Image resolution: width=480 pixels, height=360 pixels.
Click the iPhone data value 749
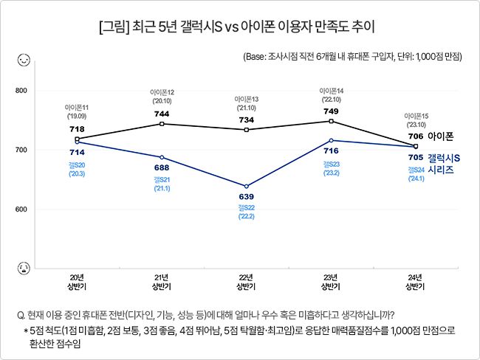tap(331, 111)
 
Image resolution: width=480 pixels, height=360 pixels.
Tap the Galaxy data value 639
tap(246, 196)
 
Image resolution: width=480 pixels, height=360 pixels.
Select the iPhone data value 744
tap(162, 114)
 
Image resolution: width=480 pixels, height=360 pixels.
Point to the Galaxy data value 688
tap(162, 167)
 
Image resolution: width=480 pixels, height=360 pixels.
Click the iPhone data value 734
tap(246, 120)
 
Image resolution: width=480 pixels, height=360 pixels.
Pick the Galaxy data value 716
tap(331, 150)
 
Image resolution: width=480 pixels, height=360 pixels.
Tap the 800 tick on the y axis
tap(21, 91)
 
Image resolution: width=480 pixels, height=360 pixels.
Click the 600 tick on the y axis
tap(21, 210)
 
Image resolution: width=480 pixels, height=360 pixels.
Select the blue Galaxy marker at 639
tap(246, 186)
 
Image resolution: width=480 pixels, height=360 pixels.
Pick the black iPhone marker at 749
tap(331, 121)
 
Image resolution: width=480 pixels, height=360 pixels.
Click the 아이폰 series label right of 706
tap(440, 136)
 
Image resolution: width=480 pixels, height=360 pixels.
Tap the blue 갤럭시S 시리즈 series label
tap(444, 164)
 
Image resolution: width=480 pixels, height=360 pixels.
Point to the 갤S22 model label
tap(246, 212)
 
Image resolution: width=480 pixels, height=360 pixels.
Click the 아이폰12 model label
tap(162, 96)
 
